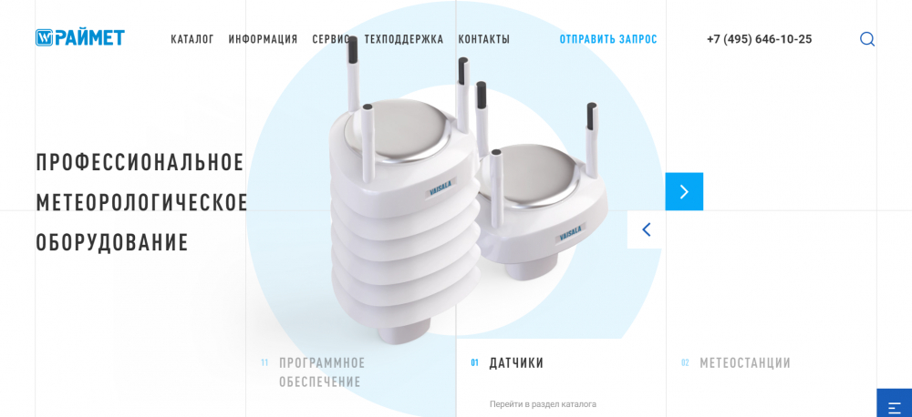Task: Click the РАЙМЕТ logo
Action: (x=80, y=37)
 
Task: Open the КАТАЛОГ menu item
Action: (x=192, y=39)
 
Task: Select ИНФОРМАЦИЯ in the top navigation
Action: (x=263, y=39)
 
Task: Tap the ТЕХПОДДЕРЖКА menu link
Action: (x=404, y=39)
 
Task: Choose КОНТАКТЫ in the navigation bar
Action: (x=484, y=39)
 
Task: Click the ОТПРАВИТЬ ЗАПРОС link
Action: (x=608, y=39)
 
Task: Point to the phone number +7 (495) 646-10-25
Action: (x=760, y=39)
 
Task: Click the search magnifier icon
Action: (x=867, y=39)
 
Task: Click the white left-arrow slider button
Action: (x=647, y=229)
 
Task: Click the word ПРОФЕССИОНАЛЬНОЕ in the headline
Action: (x=140, y=162)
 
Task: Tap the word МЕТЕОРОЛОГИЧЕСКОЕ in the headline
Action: (x=142, y=202)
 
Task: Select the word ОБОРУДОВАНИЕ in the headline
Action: (x=112, y=242)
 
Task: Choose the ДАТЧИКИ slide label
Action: (x=516, y=363)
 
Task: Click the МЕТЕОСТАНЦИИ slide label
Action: (x=745, y=363)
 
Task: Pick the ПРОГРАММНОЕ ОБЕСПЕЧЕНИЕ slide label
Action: (x=322, y=372)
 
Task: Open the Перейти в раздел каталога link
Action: (x=543, y=403)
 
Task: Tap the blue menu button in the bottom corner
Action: (x=895, y=403)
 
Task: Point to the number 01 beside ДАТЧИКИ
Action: (x=474, y=363)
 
